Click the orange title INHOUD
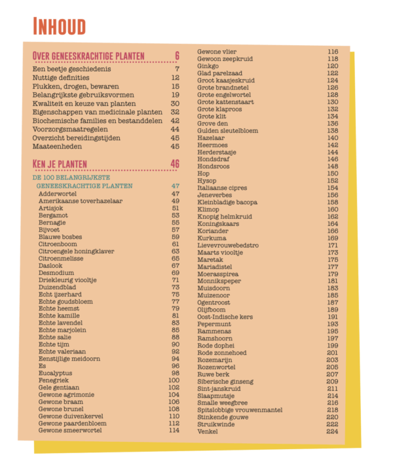(x=60, y=27)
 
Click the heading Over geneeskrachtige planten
(x=88, y=56)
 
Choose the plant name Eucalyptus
(x=55, y=373)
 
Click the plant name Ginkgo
(x=208, y=66)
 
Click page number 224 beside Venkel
(x=332, y=431)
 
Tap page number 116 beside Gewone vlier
(x=332, y=52)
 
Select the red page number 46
(x=174, y=164)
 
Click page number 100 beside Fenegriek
(x=174, y=380)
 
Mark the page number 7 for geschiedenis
(x=177, y=69)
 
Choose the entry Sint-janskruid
(x=217, y=389)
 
